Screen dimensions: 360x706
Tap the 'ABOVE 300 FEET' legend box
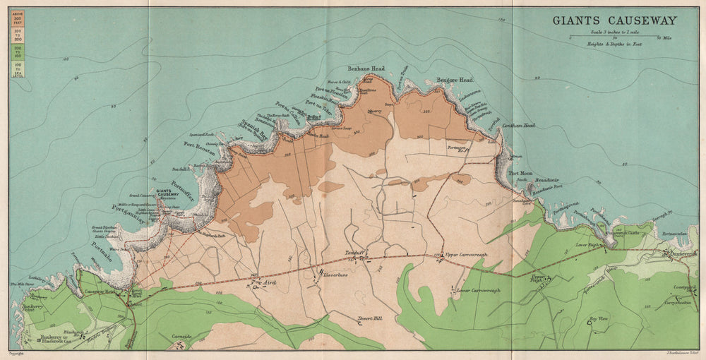pyautogui.click(x=17, y=18)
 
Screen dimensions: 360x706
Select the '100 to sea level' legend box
pyautogui.click(x=17, y=70)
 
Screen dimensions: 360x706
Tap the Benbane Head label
pyautogui.click(x=367, y=68)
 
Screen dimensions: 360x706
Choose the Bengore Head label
pyautogui.click(x=454, y=80)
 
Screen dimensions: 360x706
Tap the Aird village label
pyautogui.click(x=268, y=282)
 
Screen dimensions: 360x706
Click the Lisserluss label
pyautogui.click(x=335, y=272)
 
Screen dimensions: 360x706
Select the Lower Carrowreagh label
pyautogui.click(x=478, y=290)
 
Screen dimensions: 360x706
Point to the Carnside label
pyautogui.click(x=181, y=337)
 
